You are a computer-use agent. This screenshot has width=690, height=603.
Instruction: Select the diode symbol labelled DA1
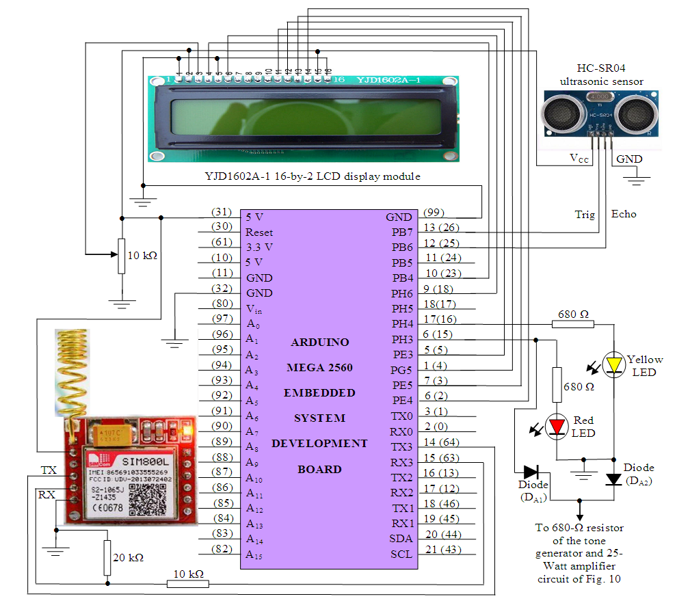pyautogui.click(x=531, y=471)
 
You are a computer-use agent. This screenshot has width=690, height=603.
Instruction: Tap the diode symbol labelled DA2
pyautogui.click(x=615, y=479)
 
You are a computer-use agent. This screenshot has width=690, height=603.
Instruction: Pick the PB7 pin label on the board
pyautogui.click(x=402, y=232)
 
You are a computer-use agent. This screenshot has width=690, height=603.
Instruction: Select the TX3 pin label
pyautogui.click(x=401, y=447)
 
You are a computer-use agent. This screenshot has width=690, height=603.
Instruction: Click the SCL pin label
pyautogui.click(x=401, y=554)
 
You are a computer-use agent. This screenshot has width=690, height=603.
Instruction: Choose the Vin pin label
pyautogui.click(x=254, y=308)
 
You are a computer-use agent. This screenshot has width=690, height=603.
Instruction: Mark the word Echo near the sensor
pyautogui.click(x=624, y=214)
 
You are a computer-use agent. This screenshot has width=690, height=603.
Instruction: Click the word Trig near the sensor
pyautogui.click(x=585, y=214)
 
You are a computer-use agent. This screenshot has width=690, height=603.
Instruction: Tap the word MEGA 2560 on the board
pyautogui.click(x=319, y=368)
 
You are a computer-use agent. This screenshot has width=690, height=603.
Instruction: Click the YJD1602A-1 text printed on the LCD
pyautogui.click(x=388, y=81)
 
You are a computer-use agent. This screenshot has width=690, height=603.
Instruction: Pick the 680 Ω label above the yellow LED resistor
pyautogui.click(x=574, y=314)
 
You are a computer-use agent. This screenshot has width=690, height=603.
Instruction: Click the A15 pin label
pyautogui.click(x=254, y=554)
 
